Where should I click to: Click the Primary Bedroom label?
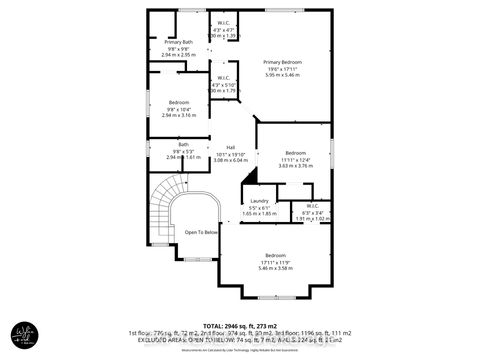279,60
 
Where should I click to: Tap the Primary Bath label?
165,42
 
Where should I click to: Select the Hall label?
230,146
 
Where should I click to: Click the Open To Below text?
200,232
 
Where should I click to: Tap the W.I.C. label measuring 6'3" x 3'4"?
312,206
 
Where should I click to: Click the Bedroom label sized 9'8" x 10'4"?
179,102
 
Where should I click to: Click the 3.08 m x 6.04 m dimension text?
230,159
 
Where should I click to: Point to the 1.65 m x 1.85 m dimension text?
259,214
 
